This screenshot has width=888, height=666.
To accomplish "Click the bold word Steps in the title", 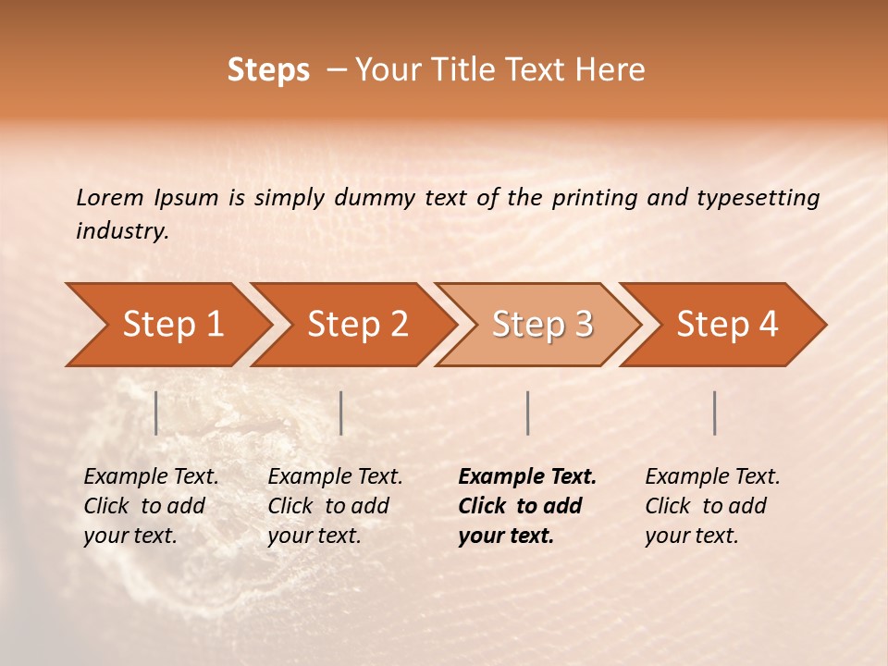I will point(268,70).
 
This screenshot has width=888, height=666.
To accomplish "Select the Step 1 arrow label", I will point(173,324).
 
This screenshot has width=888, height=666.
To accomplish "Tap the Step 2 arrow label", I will point(358,324).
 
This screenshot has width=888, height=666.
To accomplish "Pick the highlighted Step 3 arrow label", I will point(543,324).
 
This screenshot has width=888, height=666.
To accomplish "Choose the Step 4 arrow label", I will point(727,324).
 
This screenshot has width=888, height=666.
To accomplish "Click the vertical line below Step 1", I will point(156,413).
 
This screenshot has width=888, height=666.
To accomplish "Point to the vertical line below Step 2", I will point(341,413).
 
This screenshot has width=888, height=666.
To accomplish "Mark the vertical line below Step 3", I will point(527,413).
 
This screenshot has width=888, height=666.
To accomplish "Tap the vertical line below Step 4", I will point(715,413).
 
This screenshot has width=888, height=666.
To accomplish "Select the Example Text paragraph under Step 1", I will point(151,506).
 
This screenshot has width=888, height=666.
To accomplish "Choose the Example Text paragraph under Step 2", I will point(335,506).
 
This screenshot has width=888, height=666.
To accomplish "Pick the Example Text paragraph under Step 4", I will point(712,506).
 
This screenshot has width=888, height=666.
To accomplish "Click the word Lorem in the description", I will point(109,197).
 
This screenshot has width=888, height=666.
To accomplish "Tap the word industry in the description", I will point(120,230).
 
